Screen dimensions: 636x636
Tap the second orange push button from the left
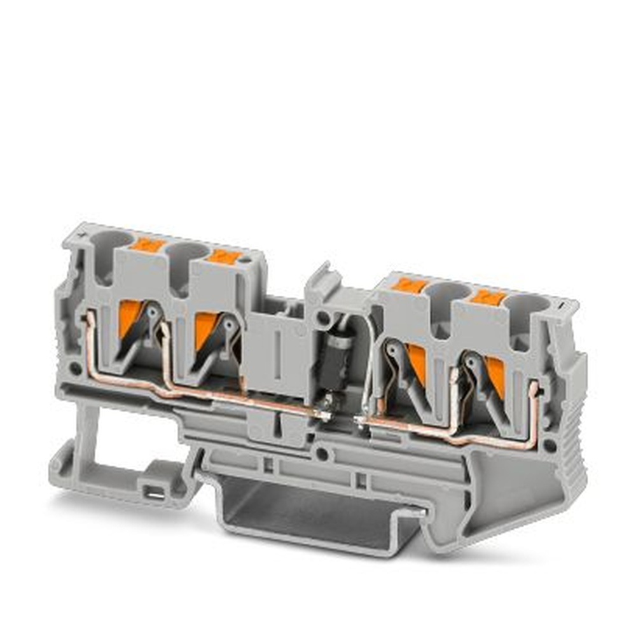point(224,256)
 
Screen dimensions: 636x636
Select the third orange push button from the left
point(408,285)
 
